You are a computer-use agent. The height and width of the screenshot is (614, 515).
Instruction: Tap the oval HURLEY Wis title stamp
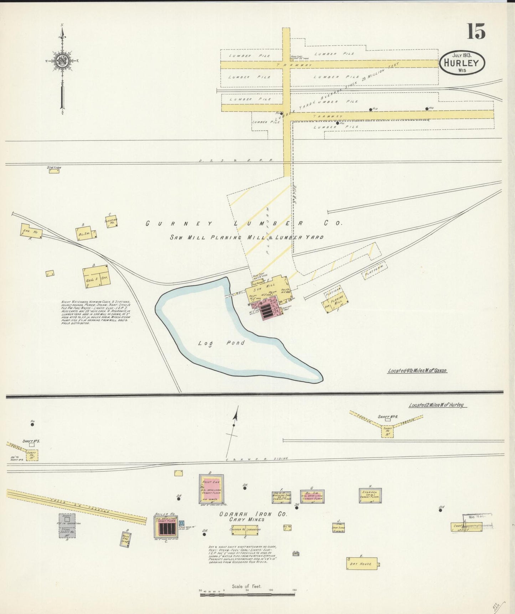point(462,63)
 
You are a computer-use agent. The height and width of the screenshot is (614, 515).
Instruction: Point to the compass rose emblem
point(62,61)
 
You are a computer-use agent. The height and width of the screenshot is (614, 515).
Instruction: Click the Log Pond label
point(221,343)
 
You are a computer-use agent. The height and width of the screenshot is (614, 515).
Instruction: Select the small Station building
point(54,171)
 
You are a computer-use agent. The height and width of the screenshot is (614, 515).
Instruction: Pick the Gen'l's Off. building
point(96,276)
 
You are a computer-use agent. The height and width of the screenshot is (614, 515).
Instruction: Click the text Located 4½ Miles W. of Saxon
point(417,371)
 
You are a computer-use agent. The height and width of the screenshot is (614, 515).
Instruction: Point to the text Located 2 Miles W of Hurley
point(438,405)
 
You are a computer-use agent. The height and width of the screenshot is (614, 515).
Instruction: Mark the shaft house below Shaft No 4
point(387,431)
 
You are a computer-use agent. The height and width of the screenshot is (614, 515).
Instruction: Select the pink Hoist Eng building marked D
point(211,489)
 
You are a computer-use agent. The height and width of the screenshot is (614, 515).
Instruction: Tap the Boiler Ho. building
point(166,527)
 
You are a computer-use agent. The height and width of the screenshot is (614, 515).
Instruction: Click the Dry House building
point(362,564)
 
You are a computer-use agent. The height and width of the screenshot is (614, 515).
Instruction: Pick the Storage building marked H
point(370,495)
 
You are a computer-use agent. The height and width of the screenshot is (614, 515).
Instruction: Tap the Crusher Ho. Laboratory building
point(245,530)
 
